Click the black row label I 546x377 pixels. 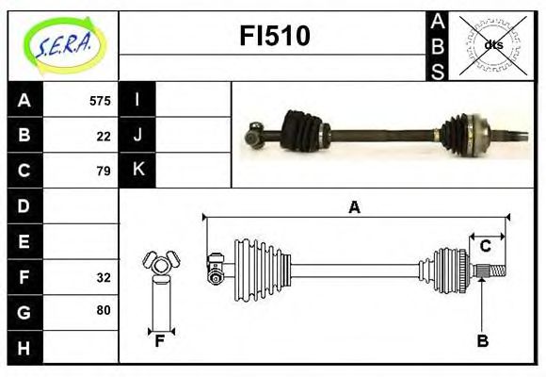tap(137, 100)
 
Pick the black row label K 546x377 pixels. tap(137, 171)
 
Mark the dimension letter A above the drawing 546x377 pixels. tap(354, 208)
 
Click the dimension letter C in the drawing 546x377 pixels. tap(486, 246)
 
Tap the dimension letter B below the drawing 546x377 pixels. tap(482, 341)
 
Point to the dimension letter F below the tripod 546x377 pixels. tap(160, 341)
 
